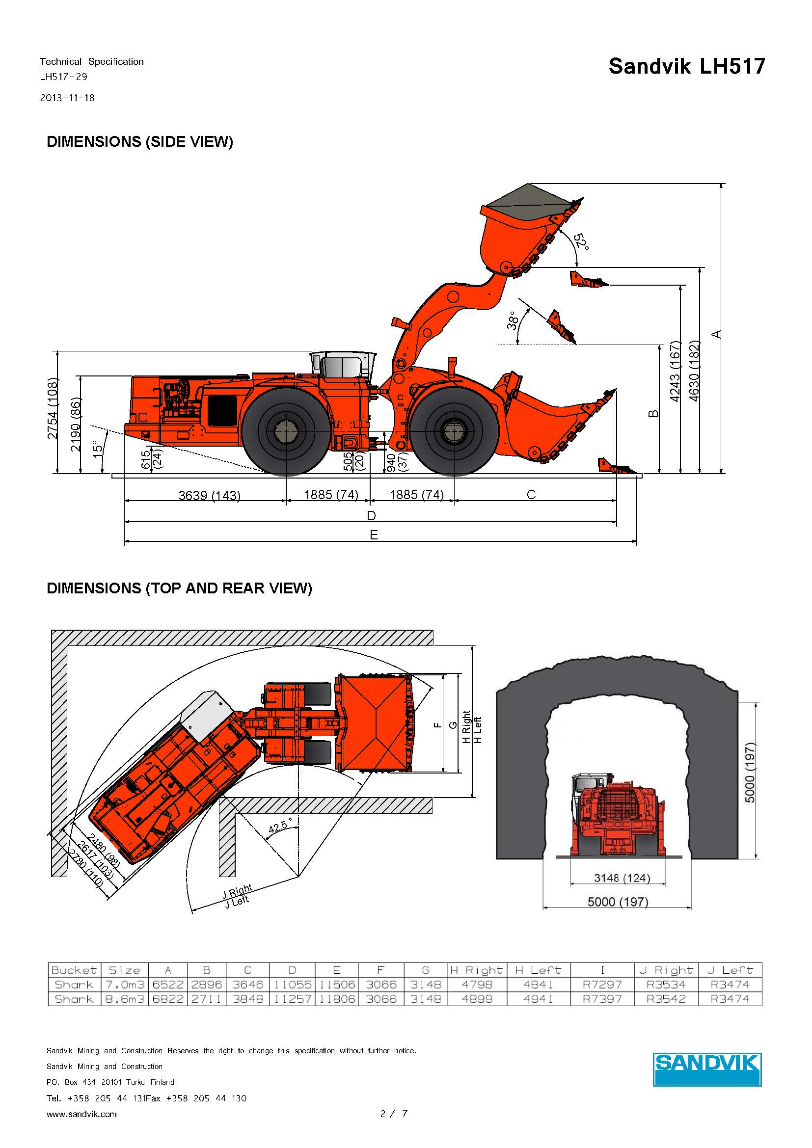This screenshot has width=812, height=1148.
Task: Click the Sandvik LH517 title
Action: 686,66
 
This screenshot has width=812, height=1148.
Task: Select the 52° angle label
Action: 580,242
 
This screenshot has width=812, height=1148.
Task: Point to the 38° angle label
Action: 512,320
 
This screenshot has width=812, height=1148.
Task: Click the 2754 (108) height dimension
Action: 53,409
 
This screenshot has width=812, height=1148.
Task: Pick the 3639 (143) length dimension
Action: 210,496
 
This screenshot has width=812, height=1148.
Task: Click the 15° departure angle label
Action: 99,446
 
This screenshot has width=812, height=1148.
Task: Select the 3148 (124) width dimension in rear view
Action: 622,878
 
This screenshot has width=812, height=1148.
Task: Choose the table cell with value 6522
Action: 167,985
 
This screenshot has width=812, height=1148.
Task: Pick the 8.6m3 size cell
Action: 125,999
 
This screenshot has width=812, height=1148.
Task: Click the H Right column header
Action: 476,970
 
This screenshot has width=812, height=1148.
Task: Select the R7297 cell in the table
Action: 602,985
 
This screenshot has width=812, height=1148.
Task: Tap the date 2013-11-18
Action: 67,98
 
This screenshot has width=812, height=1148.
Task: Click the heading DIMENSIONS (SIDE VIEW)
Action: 139,141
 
